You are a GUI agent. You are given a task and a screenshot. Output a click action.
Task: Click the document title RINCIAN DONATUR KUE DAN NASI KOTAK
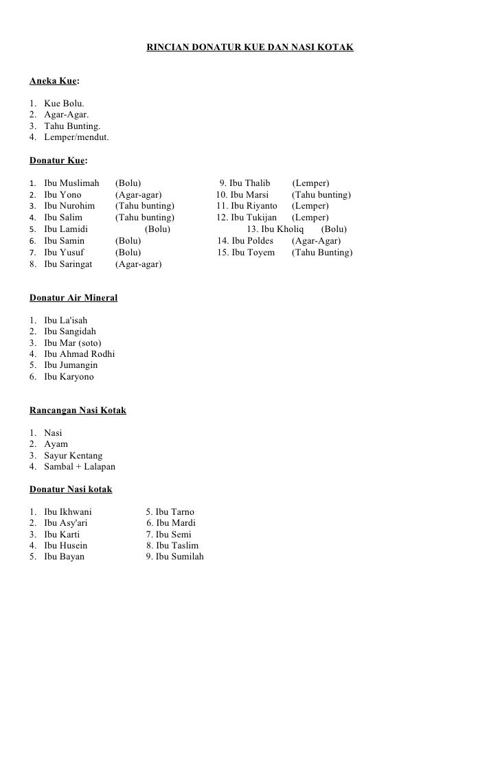pos(250,48)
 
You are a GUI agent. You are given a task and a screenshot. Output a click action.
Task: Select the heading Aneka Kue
pos(53,81)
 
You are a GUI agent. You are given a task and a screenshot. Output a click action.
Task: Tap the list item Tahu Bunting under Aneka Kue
pos(72,126)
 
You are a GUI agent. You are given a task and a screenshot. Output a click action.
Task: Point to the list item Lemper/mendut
pos(76,137)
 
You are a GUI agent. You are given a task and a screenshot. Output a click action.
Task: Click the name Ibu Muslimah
pos(71,183)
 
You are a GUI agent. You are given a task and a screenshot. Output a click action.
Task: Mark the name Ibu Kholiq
pos(282,229)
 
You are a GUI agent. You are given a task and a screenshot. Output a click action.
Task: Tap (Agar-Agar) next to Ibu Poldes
pos(316,241)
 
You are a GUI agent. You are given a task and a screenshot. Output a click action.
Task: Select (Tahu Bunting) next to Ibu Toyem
pos(322,253)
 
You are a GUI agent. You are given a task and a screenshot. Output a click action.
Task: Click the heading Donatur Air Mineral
pos(73,298)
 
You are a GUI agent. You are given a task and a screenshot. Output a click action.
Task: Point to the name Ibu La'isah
pos(66,321)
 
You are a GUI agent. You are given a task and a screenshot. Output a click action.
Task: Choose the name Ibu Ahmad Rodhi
pos(79,354)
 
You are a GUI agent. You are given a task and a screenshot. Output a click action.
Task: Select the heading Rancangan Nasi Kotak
pos(78,410)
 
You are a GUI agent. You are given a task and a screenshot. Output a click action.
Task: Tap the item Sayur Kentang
pos(73,456)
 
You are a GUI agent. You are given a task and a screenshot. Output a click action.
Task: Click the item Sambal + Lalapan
pos(80,467)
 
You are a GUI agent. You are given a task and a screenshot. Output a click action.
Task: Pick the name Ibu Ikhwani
pos(68,512)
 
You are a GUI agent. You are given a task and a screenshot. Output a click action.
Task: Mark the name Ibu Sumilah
pos(179,557)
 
